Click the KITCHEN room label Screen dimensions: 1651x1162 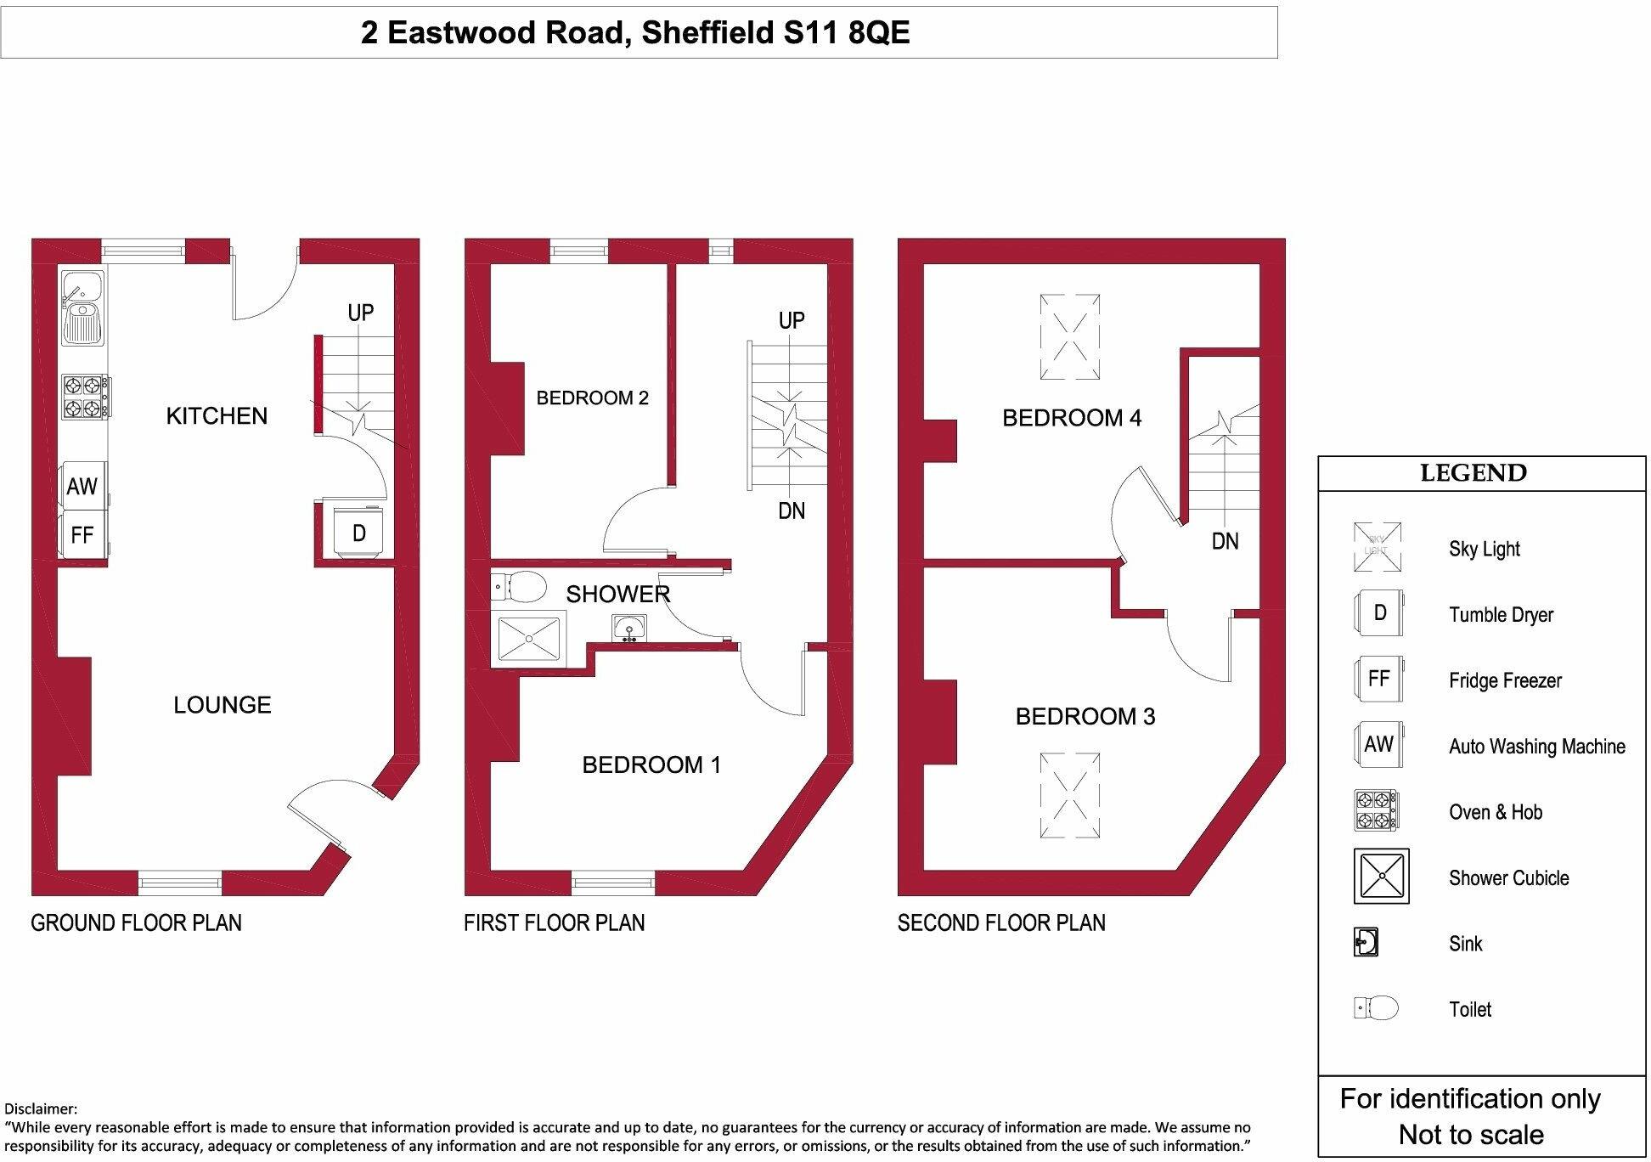tap(217, 415)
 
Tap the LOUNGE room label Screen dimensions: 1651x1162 tap(223, 704)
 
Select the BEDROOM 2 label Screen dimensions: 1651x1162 tap(592, 398)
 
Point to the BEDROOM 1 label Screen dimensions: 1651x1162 tap(651, 764)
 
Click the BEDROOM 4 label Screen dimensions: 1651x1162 tap(1072, 417)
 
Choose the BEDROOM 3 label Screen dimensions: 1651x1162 tap(1085, 716)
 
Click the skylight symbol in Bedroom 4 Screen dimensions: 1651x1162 tap(1070, 336)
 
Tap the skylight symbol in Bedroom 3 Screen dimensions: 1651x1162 tap(1070, 796)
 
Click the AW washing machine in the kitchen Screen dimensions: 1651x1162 tap(83, 486)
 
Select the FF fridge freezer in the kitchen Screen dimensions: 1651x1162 tap(82, 535)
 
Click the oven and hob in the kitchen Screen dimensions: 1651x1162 tap(85, 398)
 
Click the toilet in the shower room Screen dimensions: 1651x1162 tap(520, 585)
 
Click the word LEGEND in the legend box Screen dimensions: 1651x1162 tap(1474, 473)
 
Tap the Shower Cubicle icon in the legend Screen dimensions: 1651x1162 tap(1381, 876)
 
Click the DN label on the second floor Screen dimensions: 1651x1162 tap(1225, 541)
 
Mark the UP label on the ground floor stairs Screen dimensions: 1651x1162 tap(360, 313)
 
